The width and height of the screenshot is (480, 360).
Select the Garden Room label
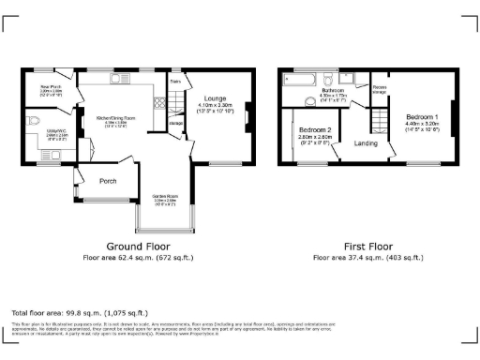[x=165, y=196]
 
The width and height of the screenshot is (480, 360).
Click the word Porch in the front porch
[x=108, y=181]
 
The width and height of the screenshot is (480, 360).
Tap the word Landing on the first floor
[x=367, y=143]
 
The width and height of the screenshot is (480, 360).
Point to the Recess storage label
[x=380, y=90]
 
